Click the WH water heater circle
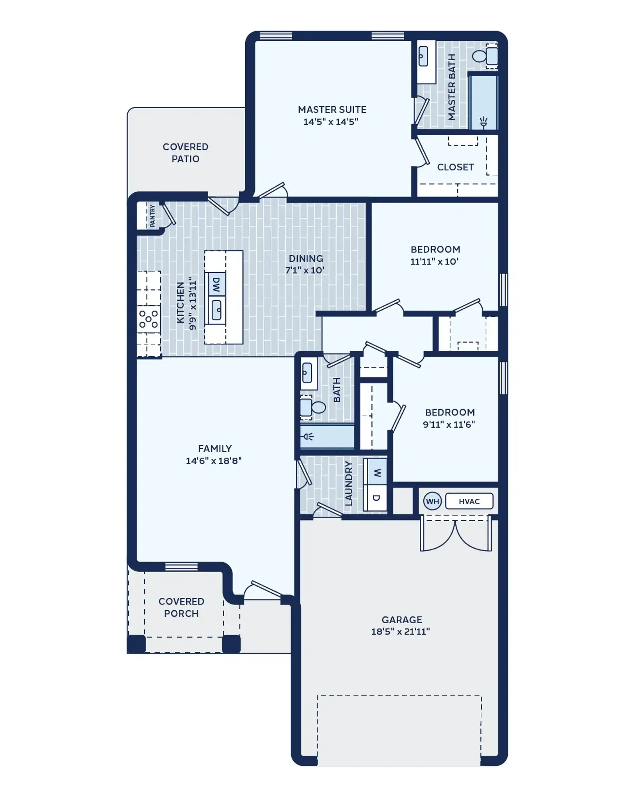click(432, 501)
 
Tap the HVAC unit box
click(469, 501)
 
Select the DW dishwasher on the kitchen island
click(216, 284)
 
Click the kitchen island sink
click(216, 310)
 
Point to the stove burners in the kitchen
click(149, 319)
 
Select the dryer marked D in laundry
click(376, 498)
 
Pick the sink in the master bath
click(423, 56)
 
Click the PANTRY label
click(152, 216)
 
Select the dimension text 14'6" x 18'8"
click(214, 460)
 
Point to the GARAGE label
click(401, 620)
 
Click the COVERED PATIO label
click(185, 153)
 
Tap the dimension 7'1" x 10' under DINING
click(305, 270)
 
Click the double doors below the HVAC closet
click(456, 535)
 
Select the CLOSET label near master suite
click(455, 167)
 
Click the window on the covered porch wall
click(181, 567)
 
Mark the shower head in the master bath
click(484, 121)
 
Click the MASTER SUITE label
click(332, 110)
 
